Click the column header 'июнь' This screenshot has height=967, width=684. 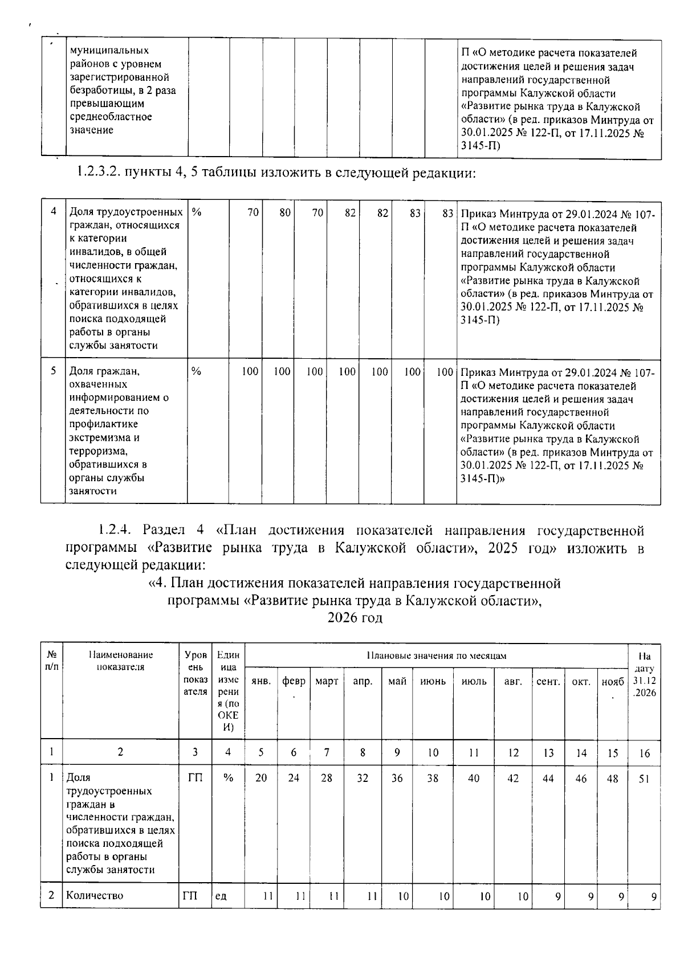[x=433, y=682]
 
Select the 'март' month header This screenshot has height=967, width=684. [x=327, y=682]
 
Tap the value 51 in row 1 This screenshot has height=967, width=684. [x=644, y=778]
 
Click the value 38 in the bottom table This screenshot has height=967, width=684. [x=433, y=778]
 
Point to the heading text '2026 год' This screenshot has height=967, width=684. [x=355, y=618]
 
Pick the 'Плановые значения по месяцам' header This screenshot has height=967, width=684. [x=436, y=656]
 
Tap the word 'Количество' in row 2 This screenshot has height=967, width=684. [x=95, y=896]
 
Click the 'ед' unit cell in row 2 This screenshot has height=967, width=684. [x=220, y=896]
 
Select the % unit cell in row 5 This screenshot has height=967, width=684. [x=197, y=371]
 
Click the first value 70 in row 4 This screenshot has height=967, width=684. [x=253, y=212]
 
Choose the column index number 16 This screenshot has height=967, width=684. [x=644, y=753]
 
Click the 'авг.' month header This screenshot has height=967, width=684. [x=513, y=682]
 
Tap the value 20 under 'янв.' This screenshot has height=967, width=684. [x=261, y=778]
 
